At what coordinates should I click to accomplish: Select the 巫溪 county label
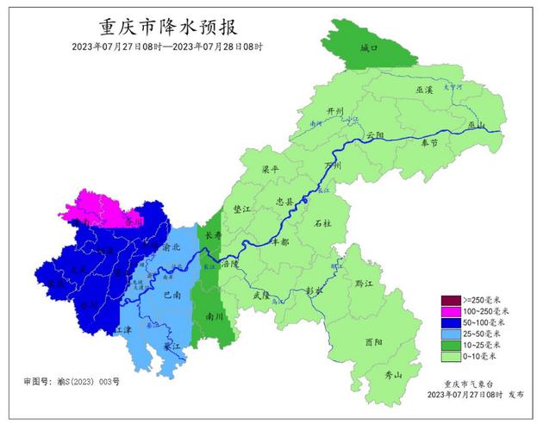click(x=423, y=90)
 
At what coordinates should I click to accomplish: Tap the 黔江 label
click(x=364, y=282)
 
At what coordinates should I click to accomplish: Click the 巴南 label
click(x=172, y=295)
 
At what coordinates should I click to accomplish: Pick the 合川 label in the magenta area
click(x=132, y=221)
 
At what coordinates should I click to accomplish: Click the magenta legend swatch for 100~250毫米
click(x=450, y=309)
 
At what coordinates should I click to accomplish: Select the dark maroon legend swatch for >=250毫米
click(x=450, y=297)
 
